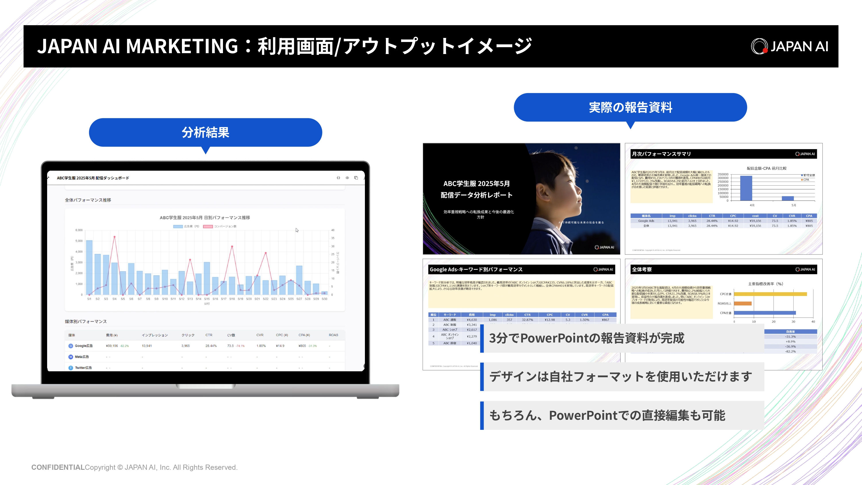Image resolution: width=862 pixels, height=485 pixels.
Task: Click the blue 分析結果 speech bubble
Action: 205,132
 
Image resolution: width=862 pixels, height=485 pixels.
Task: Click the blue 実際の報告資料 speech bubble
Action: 630,107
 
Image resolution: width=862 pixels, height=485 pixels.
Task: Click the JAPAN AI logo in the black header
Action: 789,46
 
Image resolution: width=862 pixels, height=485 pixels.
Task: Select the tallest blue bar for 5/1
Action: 89,267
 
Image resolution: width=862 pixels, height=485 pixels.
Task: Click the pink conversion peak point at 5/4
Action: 114,237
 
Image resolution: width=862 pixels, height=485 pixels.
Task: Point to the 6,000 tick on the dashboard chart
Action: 79,230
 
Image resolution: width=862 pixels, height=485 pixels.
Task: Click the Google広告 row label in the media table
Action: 83,346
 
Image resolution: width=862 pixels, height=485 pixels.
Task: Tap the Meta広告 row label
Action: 82,357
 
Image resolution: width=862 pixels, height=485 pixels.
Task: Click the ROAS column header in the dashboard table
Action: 333,335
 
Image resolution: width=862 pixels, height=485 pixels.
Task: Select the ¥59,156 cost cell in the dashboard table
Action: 112,346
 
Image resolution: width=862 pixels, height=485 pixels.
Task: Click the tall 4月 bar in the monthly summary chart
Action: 746,188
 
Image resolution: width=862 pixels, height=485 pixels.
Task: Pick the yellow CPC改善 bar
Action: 770,294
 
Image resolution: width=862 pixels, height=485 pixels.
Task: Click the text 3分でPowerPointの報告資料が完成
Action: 587,338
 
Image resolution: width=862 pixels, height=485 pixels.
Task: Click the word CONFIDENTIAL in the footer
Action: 58,467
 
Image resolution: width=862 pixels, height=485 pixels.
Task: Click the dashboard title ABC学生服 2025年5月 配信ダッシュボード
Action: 93,178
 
